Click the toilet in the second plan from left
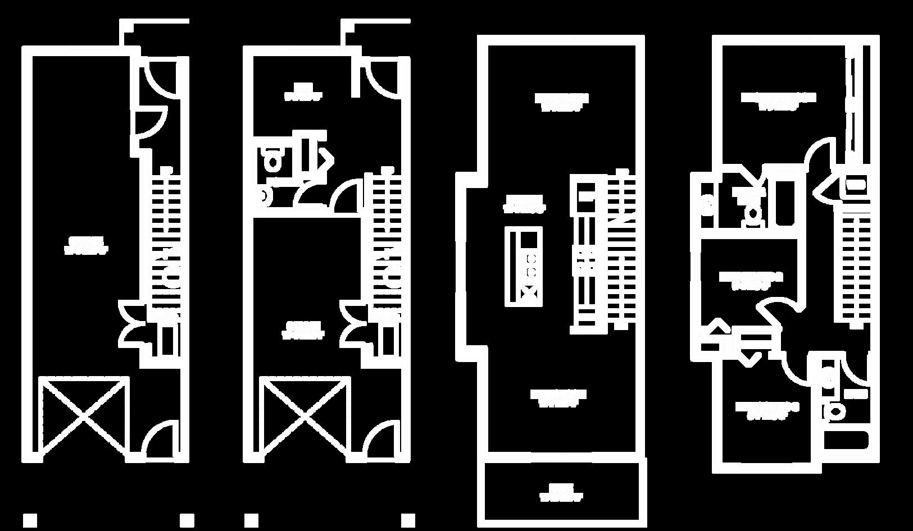pos(274,161)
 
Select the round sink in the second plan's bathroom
pos(262,196)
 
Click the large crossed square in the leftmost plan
pos(83,415)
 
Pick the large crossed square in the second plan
pos(304,415)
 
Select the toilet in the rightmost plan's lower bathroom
pos(835,411)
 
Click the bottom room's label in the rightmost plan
pos(767,410)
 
